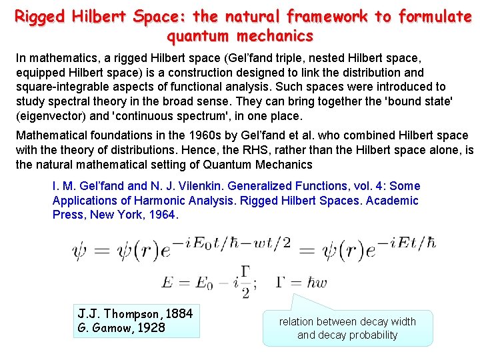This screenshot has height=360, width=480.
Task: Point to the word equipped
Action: pos(40,72)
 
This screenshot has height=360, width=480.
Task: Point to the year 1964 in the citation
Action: pos(163,215)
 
